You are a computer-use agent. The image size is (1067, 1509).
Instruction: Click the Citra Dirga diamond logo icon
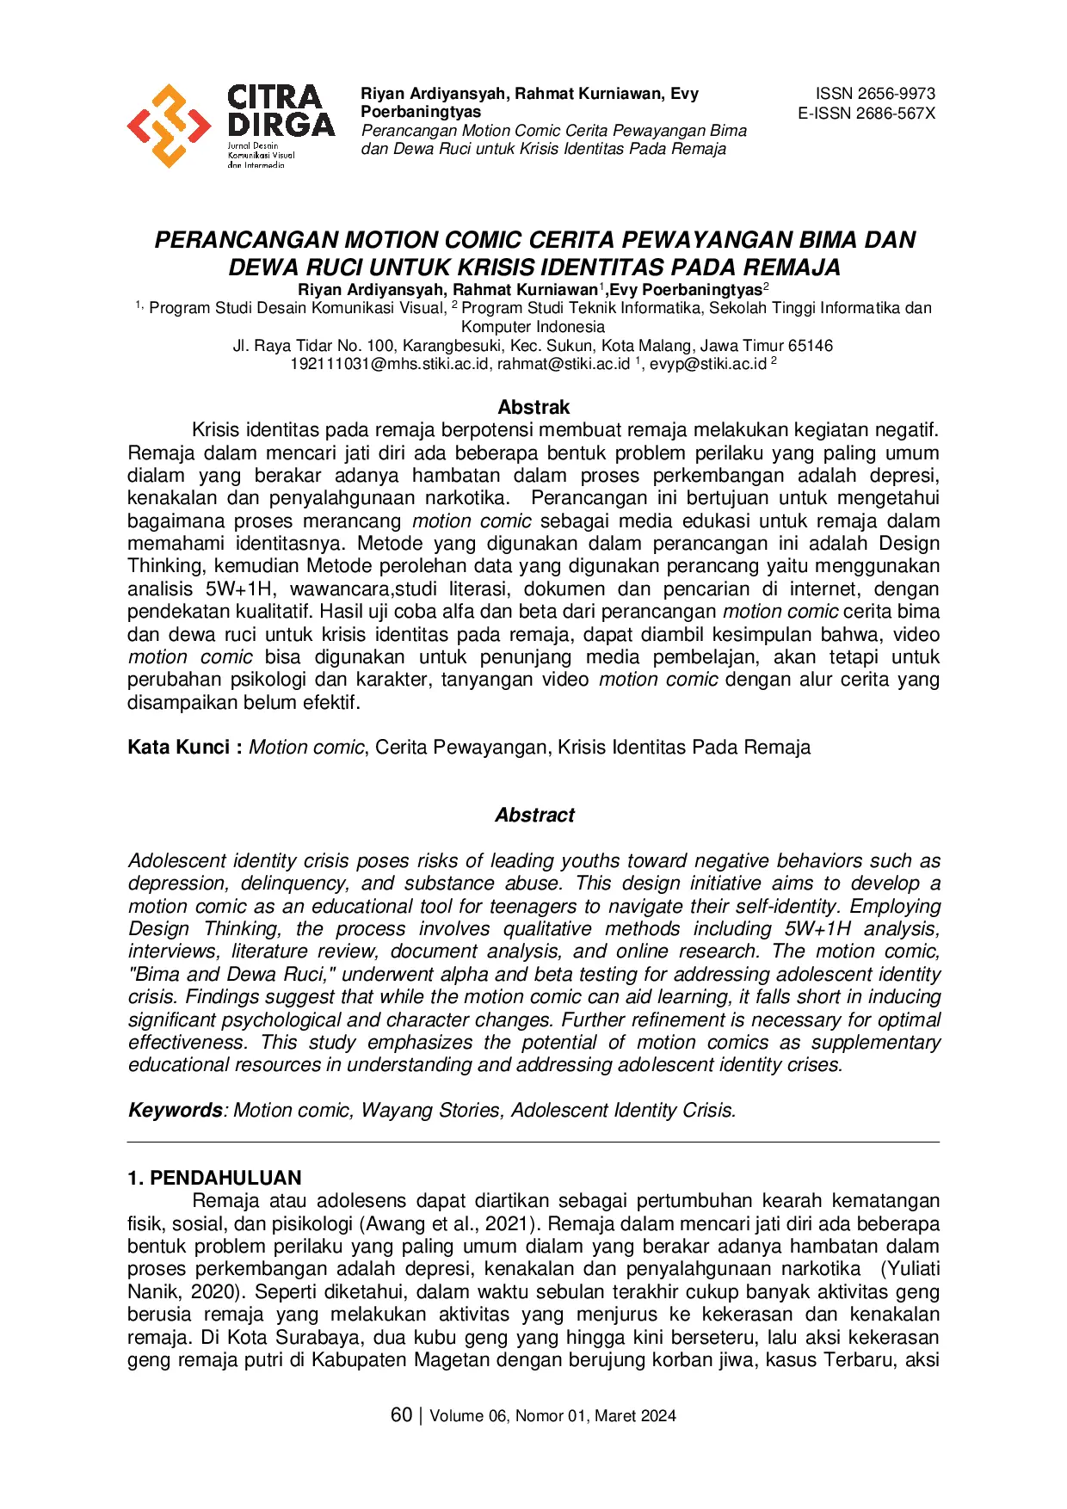(169, 126)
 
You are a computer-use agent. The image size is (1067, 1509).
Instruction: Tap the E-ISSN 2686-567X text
(866, 114)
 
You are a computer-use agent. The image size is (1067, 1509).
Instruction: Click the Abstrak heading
(533, 407)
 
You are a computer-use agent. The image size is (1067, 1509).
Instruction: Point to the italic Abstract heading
(534, 815)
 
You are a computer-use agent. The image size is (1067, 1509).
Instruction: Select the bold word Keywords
(175, 1110)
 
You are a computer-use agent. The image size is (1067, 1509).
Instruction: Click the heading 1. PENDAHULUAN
(214, 1178)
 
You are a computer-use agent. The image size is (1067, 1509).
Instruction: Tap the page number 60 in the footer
(401, 1415)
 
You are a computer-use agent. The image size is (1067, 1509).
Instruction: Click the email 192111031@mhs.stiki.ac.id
(389, 364)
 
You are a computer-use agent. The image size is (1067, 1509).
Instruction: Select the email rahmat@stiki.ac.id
(564, 364)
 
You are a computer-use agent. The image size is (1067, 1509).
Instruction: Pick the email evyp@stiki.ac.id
(707, 364)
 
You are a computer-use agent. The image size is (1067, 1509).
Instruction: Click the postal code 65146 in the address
(811, 346)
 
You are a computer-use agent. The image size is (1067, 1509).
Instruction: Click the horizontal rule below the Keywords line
(533, 1143)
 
